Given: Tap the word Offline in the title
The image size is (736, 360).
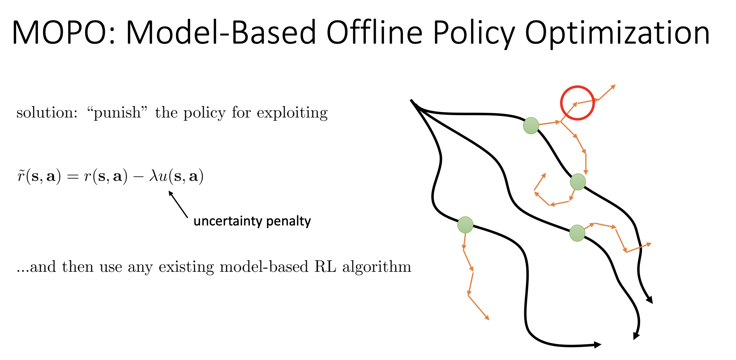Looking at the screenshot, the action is [x=374, y=32].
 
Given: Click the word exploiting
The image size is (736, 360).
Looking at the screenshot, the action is [x=292, y=113].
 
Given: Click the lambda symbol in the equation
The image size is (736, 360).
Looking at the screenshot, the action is [x=154, y=176].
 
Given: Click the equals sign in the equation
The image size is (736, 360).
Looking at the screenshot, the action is [x=73, y=177].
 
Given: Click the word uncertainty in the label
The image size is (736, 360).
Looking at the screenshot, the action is [x=228, y=221].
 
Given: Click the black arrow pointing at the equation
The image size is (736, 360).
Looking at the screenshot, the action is [x=178, y=204].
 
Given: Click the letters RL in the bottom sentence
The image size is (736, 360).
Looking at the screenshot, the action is [x=325, y=267].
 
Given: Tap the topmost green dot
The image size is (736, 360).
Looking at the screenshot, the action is [x=531, y=126].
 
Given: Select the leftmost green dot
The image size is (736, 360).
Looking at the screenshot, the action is [x=465, y=225].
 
